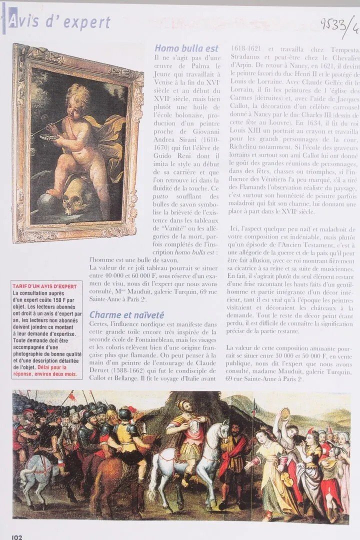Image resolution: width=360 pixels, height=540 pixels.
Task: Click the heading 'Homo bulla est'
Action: point(186,48)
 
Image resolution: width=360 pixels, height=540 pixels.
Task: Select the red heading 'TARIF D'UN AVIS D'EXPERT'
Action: point(45,286)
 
